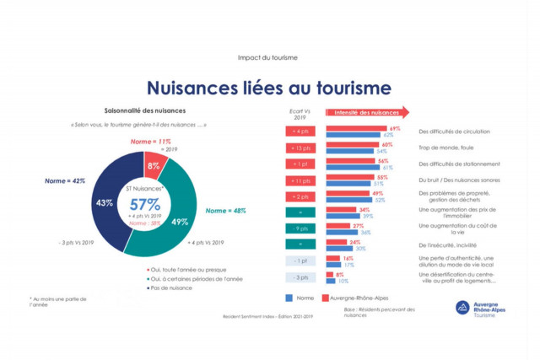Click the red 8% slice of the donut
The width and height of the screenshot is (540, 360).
pos(154,165)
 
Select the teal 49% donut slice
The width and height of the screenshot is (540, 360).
pos(179,221)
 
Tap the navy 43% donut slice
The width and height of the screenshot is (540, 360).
pos(105,202)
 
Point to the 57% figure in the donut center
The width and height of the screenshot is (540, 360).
pos(144,205)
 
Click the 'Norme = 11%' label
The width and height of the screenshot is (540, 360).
pos(152,142)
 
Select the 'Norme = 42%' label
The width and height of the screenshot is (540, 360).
pos(65,180)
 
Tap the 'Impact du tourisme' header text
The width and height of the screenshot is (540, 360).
pos(268,57)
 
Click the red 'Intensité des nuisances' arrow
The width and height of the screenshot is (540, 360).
pos(366,112)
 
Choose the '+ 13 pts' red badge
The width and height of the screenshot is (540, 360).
pos(301,148)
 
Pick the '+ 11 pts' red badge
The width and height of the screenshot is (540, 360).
pos(301,180)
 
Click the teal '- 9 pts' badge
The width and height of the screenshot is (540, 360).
pos(301,228)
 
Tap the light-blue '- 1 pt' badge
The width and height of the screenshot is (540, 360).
pos(301,261)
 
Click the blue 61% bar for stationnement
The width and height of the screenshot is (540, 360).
pos(350,167)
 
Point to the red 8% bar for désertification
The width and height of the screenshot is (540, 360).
pos(329,274)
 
